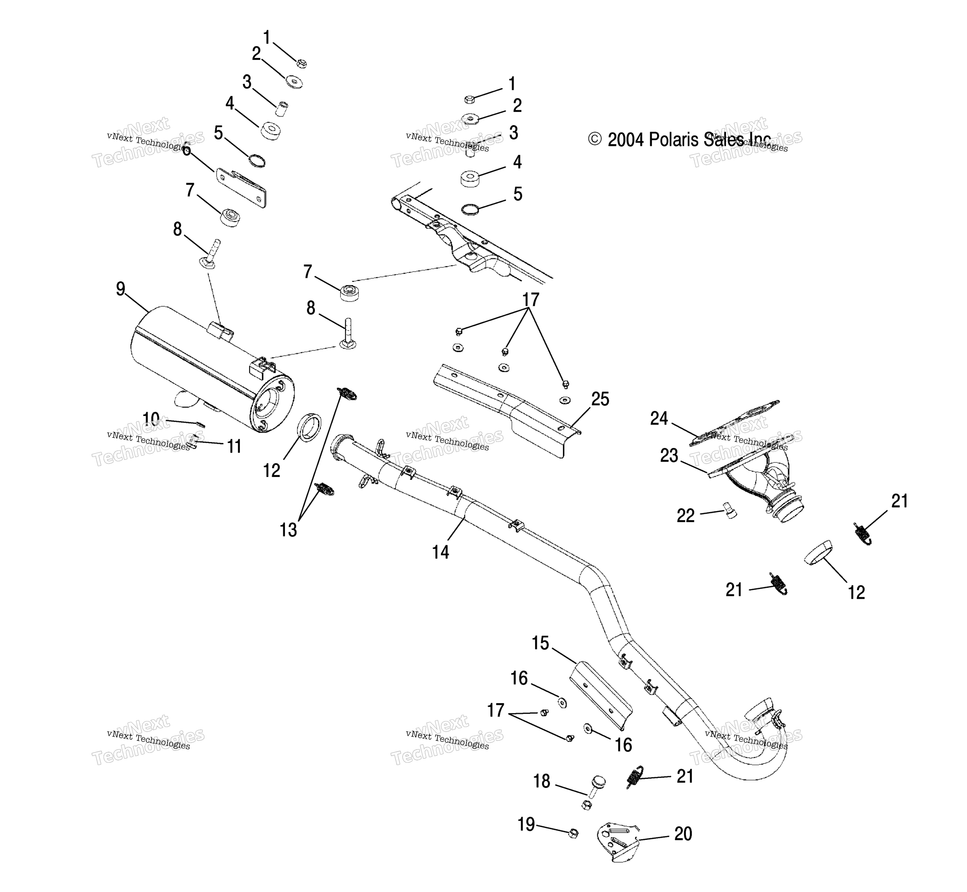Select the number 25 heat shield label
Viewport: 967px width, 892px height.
pos(600,399)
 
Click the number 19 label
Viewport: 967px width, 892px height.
pos(526,824)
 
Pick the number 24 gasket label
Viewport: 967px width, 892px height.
pos(659,418)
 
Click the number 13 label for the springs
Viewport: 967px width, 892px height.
pos(288,530)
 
